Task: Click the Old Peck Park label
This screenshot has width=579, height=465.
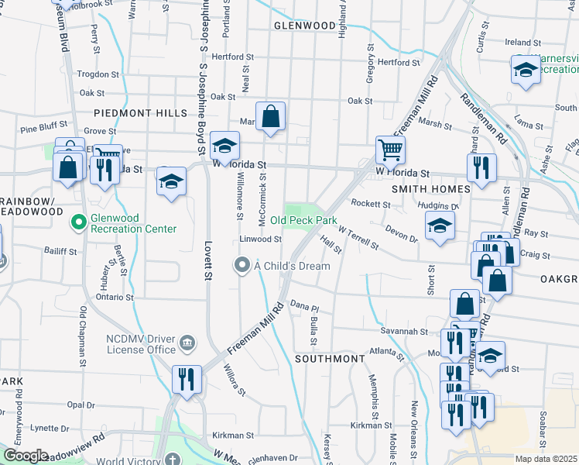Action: [303, 221]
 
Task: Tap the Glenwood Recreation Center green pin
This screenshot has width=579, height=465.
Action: [78, 224]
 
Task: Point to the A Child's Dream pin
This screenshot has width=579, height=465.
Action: [242, 266]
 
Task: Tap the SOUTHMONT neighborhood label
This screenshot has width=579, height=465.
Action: [329, 360]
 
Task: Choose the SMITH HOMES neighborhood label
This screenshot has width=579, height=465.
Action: [431, 189]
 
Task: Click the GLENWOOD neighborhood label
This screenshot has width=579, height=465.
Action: [304, 26]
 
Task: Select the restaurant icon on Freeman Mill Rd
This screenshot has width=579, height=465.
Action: [187, 379]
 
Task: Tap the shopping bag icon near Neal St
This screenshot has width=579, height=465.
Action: [271, 117]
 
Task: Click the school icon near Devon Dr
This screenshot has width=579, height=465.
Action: [440, 226]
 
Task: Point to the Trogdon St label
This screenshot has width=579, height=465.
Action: [98, 74]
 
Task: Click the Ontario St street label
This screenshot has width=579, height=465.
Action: [115, 297]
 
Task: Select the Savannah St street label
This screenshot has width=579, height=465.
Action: [403, 331]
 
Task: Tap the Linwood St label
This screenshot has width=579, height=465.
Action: [259, 239]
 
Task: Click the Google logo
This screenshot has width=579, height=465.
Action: [26, 456]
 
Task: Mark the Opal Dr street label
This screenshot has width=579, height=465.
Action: [81, 405]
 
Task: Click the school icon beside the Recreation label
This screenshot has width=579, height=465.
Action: [526, 71]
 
